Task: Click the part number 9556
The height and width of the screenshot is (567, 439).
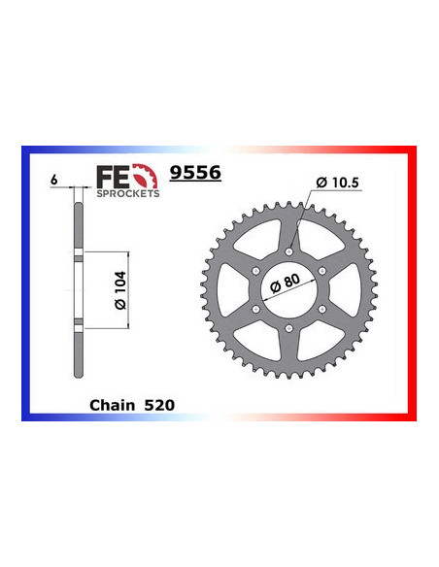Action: (194, 172)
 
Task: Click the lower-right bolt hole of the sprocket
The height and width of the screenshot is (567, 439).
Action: (326, 309)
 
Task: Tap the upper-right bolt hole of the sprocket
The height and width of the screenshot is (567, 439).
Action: (326, 269)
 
